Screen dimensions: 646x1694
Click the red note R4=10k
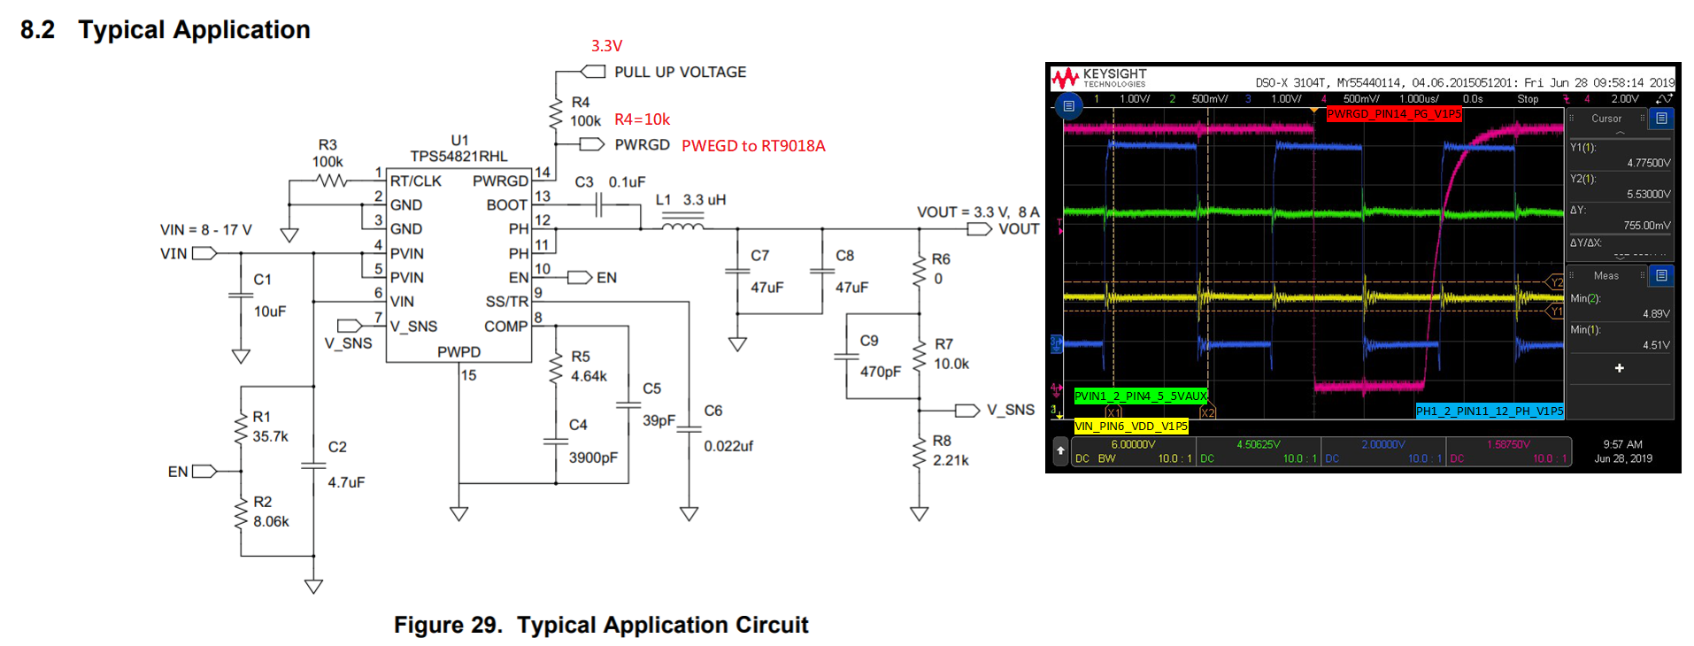click(642, 119)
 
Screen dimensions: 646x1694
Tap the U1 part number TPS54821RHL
click(458, 157)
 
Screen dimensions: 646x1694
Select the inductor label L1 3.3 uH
click(690, 200)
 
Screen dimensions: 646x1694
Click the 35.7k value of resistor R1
click(271, 436)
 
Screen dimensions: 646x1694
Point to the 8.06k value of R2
click(271, 521)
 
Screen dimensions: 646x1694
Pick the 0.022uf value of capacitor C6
click(728, 446)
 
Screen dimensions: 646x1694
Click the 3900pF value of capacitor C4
click(593, 458)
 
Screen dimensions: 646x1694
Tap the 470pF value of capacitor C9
click(880, 372)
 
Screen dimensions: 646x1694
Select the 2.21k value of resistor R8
click(951, 460)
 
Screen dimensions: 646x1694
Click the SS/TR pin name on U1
click(506, 302)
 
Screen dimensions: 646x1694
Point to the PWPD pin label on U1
click(458, 352)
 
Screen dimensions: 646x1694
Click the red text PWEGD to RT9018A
click(753, 146)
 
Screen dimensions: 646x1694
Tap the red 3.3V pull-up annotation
click(606, 46)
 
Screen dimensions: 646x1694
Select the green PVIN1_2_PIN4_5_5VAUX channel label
click(1140, 396)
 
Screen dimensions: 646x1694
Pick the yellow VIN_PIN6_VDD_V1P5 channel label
click(1130, 427)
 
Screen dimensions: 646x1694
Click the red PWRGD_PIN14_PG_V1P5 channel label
click(1393, 114)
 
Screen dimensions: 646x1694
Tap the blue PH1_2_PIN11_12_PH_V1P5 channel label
click(1489, 411)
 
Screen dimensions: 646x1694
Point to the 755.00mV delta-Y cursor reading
click(1646, 226)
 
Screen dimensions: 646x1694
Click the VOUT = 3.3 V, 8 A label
click(977, 212)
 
